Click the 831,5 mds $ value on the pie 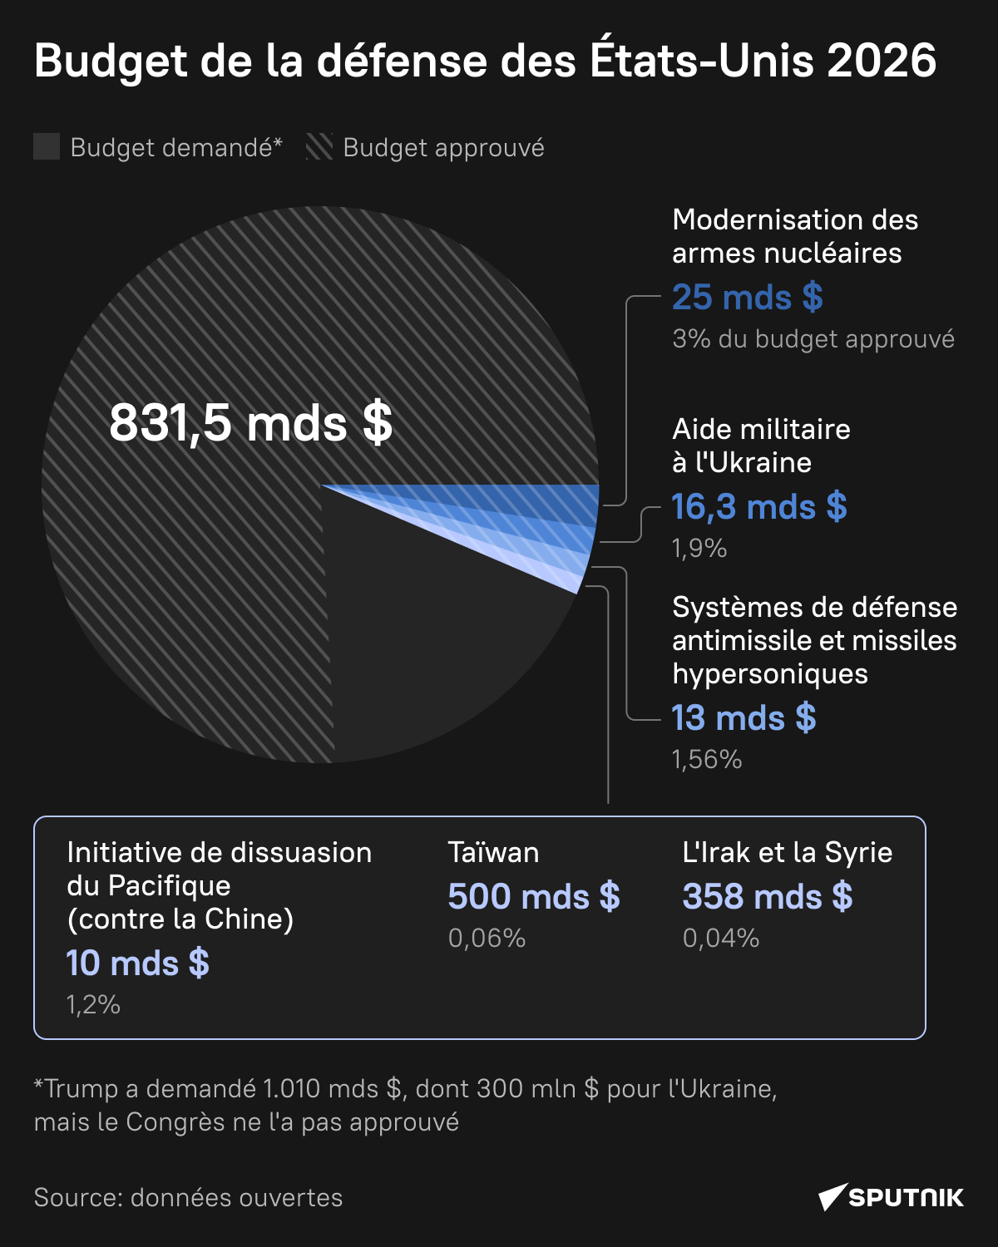250,422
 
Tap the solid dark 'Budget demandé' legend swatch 47,147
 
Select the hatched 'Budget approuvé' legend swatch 319,147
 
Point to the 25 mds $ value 747,298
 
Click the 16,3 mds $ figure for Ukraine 758,507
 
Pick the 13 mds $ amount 744,718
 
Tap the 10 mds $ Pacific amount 137,964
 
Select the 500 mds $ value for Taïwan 534,897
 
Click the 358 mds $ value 767,897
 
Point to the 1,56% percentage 707,760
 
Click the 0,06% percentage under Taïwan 487,939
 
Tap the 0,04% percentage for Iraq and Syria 721,939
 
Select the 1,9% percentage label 699,549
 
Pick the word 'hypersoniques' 770,674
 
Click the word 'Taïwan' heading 493,853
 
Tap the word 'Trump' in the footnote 81,1089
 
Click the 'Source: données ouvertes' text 188,1198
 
